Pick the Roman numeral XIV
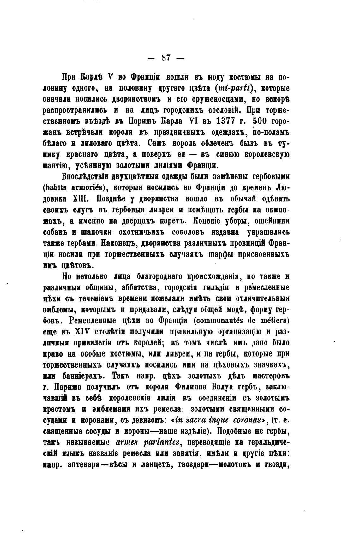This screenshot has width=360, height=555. coord(83,332)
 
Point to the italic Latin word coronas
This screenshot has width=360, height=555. coord(249,421)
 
